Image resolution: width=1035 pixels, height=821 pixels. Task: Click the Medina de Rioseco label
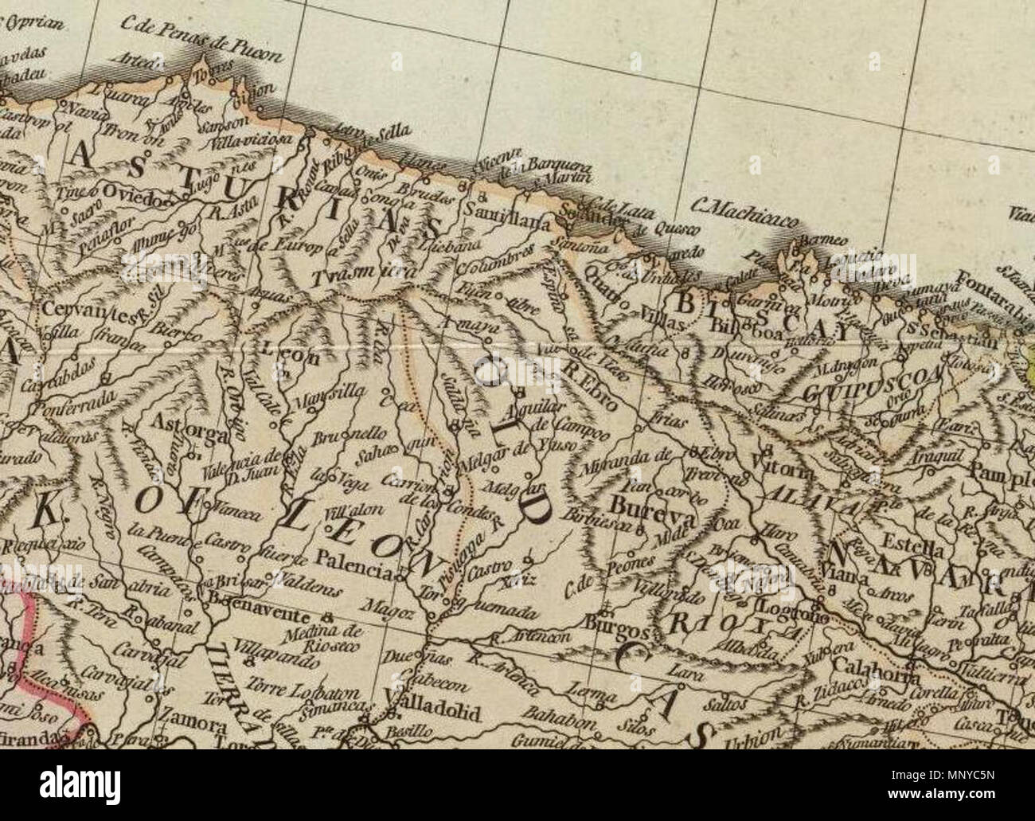coord(316,639)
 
